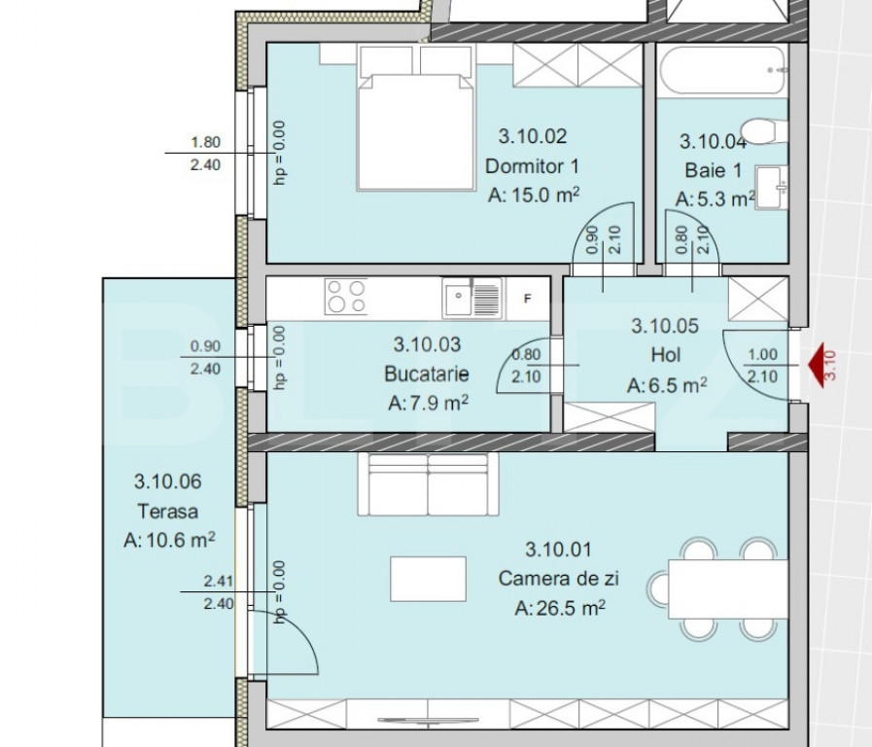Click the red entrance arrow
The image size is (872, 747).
click(816, 365)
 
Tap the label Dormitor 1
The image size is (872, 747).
click(532, 165)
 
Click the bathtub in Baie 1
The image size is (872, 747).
click(722, 71)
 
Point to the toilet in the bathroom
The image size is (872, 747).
click(765, 130)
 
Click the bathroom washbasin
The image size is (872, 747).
click(771, 188)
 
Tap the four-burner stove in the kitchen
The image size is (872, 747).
click(346, 296)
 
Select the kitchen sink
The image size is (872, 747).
click(472, 299)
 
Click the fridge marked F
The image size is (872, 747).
click(527, 299)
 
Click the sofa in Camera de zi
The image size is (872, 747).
click(428, 484)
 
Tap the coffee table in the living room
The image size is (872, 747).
click(428, 579)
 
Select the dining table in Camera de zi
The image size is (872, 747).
click(728, 589)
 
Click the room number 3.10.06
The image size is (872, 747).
click(167, 481)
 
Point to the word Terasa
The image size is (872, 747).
click(167, 512)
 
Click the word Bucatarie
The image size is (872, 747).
click(427, 373)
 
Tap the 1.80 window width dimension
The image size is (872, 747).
click(206, 142)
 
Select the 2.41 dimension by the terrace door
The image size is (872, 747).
click(219, 581)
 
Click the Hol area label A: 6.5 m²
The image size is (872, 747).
click(666, 385)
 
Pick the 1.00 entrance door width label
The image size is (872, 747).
click(762, 354)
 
